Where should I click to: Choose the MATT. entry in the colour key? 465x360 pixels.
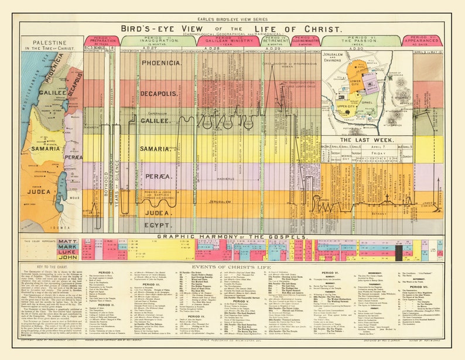(67, 241)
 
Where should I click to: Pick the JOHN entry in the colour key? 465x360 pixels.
(67, 256)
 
